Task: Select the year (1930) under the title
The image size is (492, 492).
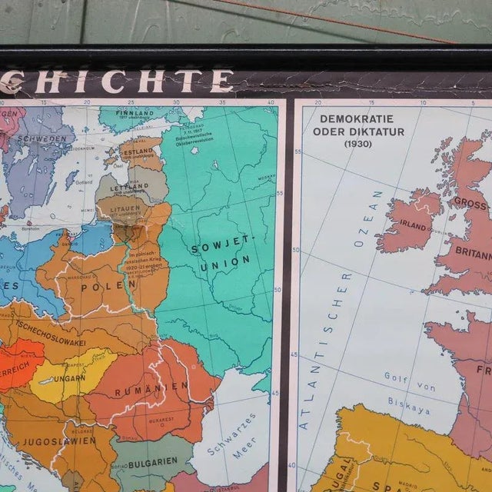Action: point(357,144)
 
